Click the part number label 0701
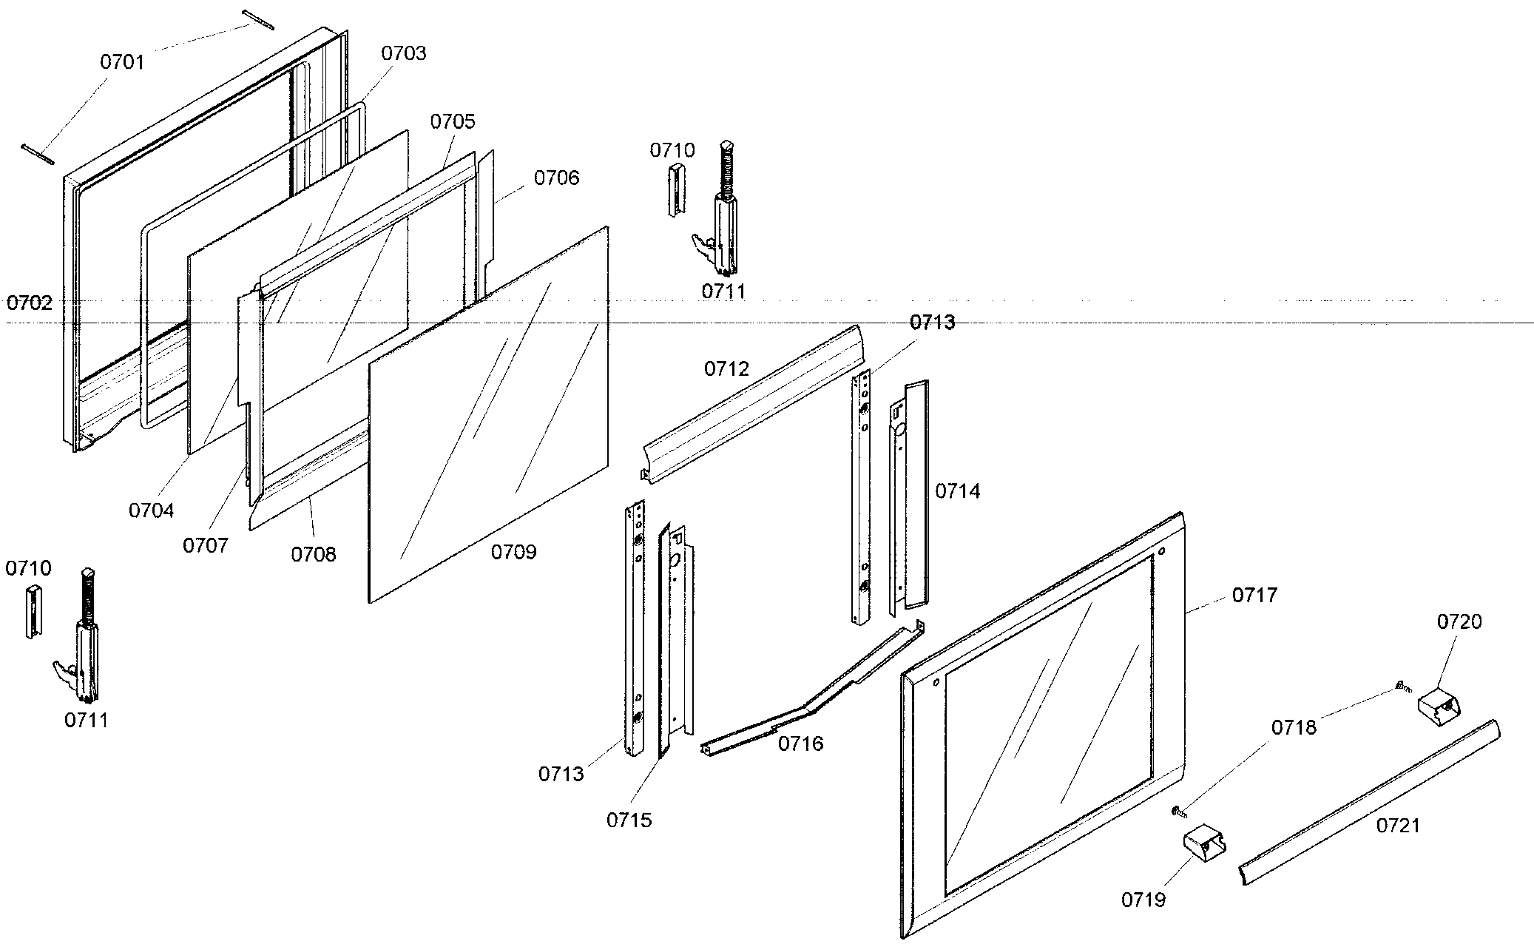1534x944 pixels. [122, 62]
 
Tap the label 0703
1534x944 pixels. [404, 53]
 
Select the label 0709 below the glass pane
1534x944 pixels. [513, 552]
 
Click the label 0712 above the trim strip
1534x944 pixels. [726, 368]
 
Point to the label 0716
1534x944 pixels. [800, 744]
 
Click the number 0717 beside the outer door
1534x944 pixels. [1254, 595]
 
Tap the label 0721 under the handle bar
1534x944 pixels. [1398, 825]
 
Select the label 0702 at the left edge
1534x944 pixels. [30, 303]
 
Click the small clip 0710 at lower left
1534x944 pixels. [33, 611]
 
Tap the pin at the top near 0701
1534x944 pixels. [258, 20]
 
